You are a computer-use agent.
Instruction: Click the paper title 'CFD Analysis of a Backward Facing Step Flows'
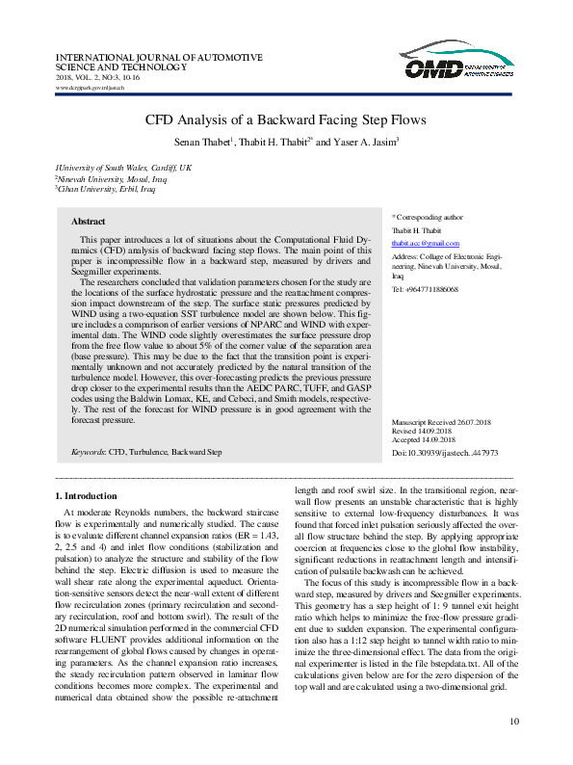pos(285,121)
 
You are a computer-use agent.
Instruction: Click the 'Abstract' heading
pos(89,221)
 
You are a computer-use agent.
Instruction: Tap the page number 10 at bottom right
pos(513,722)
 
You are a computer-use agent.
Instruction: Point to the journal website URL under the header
pos(91,87)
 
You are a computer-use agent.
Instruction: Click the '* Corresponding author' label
pos(427,218)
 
